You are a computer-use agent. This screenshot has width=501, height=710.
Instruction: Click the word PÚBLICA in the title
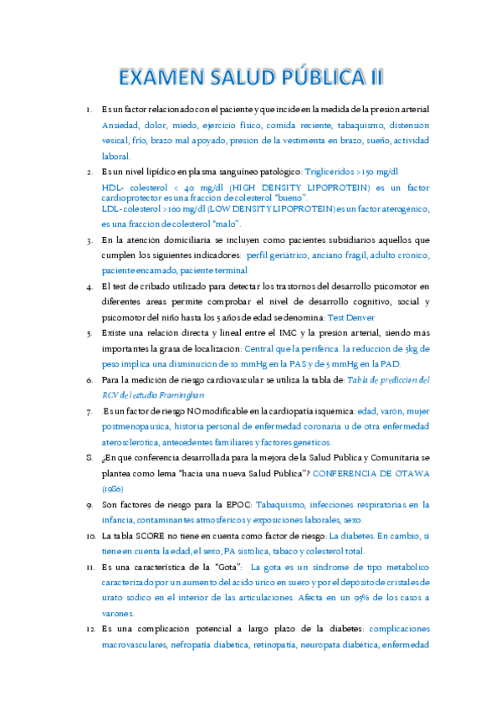coord(323,78)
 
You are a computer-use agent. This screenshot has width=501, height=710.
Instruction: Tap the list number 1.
coord(89,110)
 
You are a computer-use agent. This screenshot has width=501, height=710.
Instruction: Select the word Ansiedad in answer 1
coord(122,125)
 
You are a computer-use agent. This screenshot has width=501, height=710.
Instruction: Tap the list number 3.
coord(89,239)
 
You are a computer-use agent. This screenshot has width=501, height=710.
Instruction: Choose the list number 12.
coord(89,628)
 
